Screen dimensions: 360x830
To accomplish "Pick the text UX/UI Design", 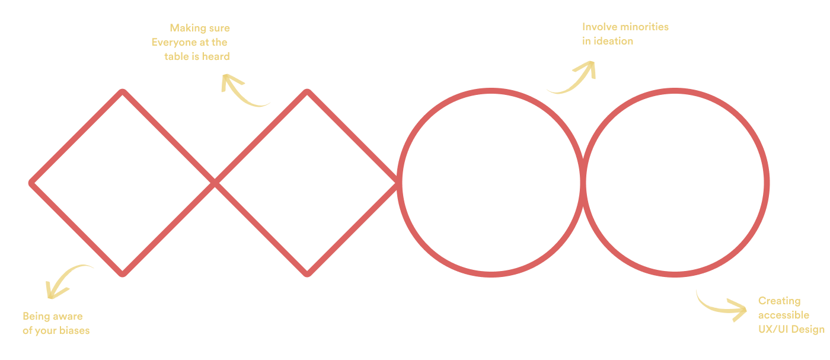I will (x=791, y=330).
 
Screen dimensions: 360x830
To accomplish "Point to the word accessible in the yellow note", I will (x=783, y=315).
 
